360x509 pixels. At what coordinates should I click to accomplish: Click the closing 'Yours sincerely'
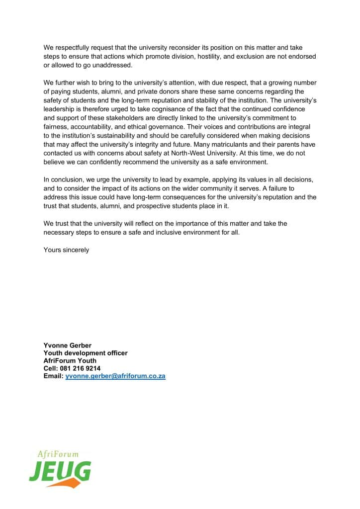point(66,250)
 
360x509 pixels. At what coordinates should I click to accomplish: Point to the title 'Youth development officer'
point(86,353)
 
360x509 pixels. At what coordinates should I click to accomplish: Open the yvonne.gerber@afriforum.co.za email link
point(115,376)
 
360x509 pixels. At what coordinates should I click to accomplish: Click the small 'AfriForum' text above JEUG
point(58,454)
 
